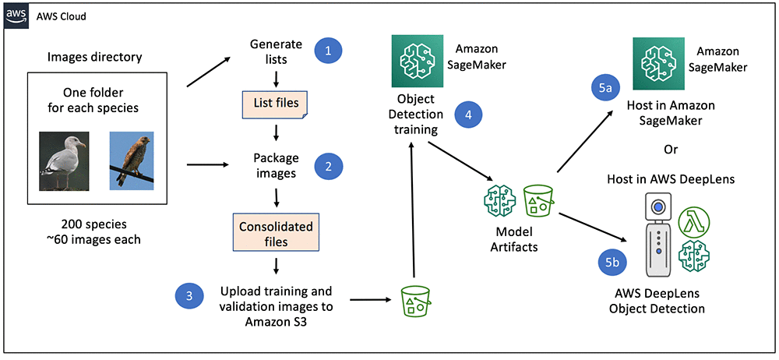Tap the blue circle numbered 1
pos(328,51)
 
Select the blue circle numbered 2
pos(328,165)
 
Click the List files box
pos(274,102)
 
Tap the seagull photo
pos(65,161)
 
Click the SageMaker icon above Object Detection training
pos(415,58)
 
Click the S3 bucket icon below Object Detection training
pos(417,300)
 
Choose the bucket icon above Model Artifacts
pos(538,200)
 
